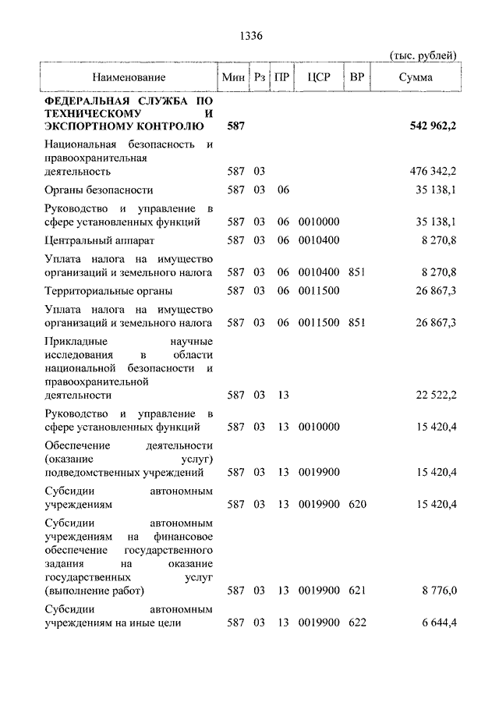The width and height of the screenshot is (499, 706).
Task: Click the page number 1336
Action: (x=249, y=36)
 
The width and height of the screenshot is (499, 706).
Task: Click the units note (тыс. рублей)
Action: (x=422, y=55)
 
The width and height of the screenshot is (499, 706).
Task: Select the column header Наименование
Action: (x=129, y=78)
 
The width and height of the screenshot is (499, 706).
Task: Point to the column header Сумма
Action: (x=416, y=78)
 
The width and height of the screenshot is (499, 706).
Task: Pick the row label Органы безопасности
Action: (x=99, y=190)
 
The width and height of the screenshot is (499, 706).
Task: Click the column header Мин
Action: (x=233, y=78)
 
